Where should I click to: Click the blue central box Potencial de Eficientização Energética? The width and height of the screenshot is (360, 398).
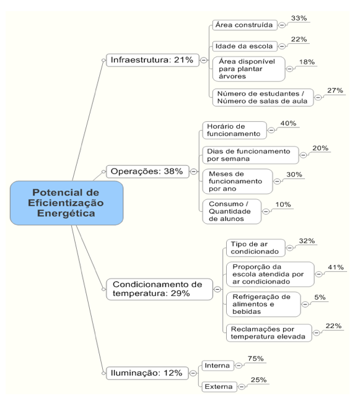[66, 203]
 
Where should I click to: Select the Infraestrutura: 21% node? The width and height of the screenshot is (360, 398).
[152, 60]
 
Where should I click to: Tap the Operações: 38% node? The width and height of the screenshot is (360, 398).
[147, 171]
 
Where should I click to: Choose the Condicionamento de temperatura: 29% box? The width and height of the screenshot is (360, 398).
[159, 289]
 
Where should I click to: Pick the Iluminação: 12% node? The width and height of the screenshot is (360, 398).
[147, 373]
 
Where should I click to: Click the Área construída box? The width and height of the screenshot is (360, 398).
[245, 25]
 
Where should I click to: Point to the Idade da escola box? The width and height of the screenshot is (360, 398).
[245, 46]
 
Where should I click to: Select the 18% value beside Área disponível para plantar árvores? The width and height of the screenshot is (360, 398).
[307, 62]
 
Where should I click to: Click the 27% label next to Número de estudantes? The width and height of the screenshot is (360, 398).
[335, 90]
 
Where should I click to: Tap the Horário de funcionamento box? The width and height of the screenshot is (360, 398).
[234, 130]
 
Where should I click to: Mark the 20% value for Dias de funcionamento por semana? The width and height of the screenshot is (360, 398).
[320, 148]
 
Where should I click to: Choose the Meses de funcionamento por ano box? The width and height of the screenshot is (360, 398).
[237, 181]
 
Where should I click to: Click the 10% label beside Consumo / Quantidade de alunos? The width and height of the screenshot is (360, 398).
[283, 204]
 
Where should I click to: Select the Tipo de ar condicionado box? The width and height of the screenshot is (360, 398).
[255, 248]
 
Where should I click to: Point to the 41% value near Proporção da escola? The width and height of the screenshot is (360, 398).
[336, 267]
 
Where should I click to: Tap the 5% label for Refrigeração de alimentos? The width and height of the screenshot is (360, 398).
[320, 297]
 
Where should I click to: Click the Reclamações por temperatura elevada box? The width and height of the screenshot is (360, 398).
[269, 333]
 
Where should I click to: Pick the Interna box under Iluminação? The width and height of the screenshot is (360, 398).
[217, 366]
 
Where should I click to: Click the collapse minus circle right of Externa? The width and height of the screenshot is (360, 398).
[242, 387]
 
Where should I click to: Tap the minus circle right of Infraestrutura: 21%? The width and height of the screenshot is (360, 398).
[203, 60]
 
